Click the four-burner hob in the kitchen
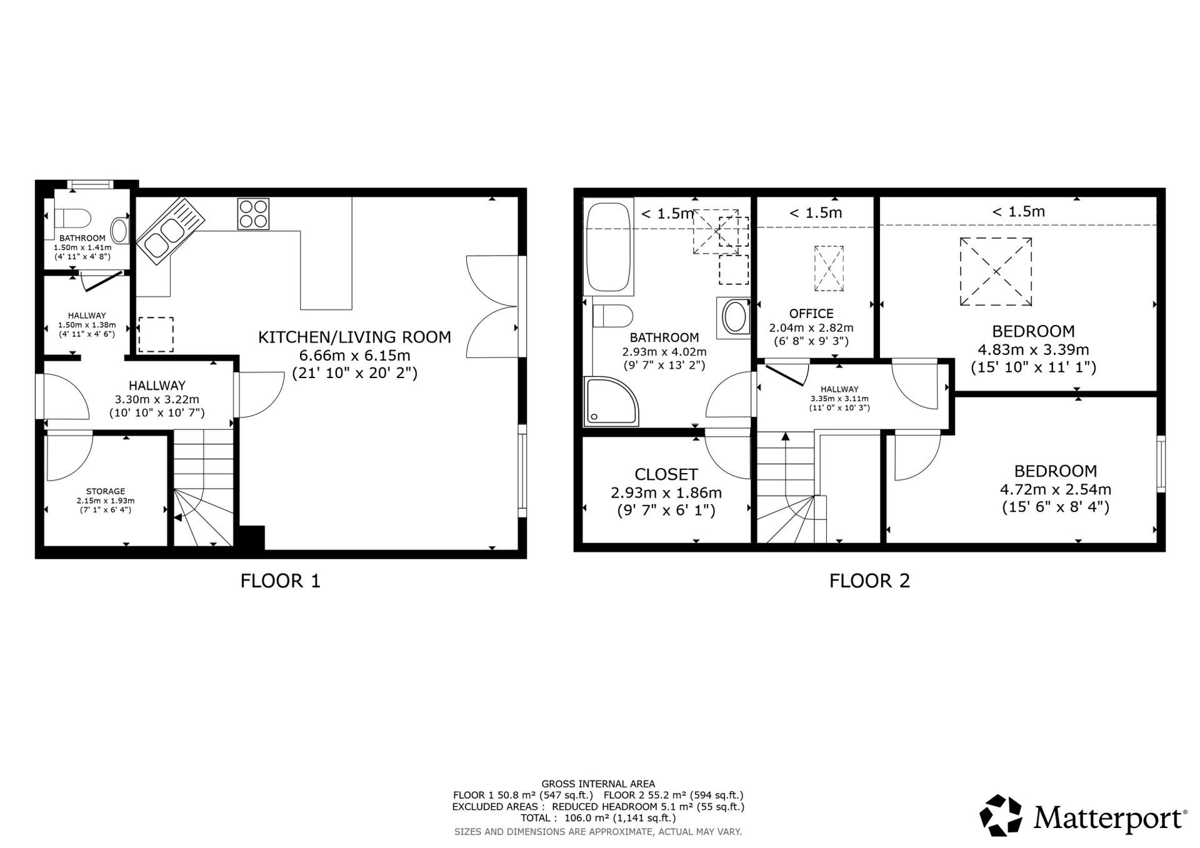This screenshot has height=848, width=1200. [x=253, y=214]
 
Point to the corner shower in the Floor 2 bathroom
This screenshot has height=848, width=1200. [x=611, y=401]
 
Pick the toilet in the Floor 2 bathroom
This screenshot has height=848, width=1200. [x=612, y=316]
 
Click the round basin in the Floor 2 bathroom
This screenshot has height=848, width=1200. [x=734, y=317]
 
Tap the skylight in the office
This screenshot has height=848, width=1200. [x=829, y=269]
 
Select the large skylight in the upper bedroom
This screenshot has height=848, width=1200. [x=996, y=271]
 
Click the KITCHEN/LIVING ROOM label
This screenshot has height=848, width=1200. [x=354, y=337]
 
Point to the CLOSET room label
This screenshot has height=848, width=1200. [x=666, y=474]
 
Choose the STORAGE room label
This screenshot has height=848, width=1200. [x=106, y=492]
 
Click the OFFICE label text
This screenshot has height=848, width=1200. [x=811, y=314]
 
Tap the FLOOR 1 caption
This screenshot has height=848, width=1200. [x=281, y=581]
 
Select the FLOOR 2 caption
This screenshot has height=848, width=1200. [x=869, y=581]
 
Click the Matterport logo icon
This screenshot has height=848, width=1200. [x=1001, y=815]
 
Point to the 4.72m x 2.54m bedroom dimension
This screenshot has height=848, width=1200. [x=1056, y=489]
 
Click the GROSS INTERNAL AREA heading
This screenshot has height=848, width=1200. [x=598, y=784]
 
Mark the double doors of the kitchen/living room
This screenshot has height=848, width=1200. [x=492, y=306]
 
